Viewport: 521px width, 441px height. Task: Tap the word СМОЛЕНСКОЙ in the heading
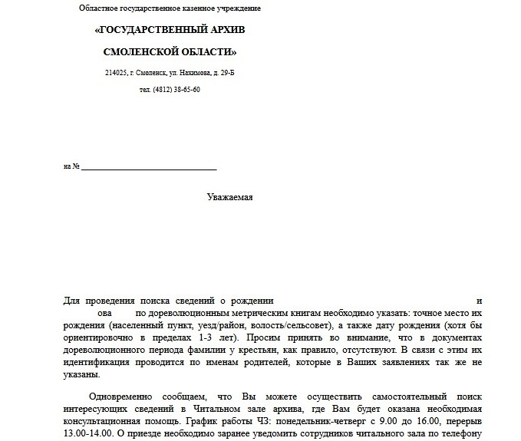pyautogui.click(x=134, y=51)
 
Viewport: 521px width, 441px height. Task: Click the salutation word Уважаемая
pyautogui.click(x=229, y=197)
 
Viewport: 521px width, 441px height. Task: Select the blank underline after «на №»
pyautogui.click(x=149, y=166)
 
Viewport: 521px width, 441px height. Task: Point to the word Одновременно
pyautogui.click(x=121, y=397)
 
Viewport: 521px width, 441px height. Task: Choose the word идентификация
pyautogui.click(x=97, y=363)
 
